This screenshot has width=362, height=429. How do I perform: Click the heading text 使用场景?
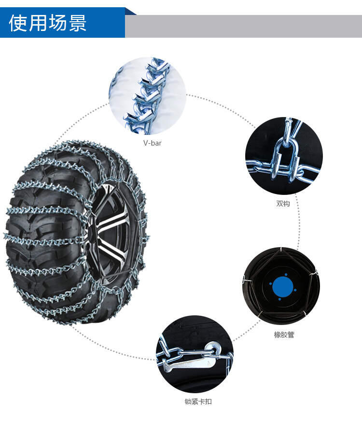click(48, 23)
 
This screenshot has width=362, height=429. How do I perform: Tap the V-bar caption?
click(153, 143)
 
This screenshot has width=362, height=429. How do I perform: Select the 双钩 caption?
click(283, 204)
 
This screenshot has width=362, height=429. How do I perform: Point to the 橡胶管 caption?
click(284, 335)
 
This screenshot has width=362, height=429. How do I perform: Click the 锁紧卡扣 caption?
click(198, 401)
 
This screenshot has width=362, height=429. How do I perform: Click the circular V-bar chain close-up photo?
click(147, 96)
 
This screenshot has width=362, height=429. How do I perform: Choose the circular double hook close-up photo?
click(284, 156)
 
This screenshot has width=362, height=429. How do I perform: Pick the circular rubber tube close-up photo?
click(281, 286)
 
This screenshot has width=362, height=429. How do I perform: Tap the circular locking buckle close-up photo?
click(195, 354)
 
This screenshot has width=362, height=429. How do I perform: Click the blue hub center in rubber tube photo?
click(283, 287)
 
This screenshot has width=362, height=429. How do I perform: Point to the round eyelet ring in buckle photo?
click(213, 349)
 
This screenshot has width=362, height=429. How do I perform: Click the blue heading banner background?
click(63, 23)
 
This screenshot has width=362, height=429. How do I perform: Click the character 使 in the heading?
click(18, 23)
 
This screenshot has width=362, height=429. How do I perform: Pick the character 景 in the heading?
click(78, 23)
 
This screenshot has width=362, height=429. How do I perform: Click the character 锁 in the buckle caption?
click(188, 401)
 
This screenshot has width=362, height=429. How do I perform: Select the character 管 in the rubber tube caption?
click(291, 335)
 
